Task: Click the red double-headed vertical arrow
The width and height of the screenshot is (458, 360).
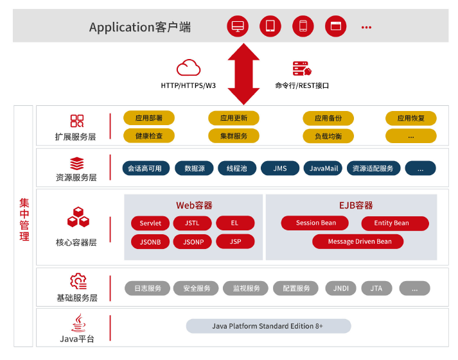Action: point(243,73)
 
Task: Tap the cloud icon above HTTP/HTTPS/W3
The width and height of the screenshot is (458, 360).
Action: point(188,67)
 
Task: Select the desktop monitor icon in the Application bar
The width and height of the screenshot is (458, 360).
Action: point(238,26)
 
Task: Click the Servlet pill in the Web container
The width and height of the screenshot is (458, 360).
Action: point(150,223)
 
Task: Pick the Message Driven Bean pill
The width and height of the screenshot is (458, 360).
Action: point(359,242)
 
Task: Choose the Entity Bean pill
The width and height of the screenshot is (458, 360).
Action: point(391,223)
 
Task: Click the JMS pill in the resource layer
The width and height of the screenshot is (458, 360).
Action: point(280,168)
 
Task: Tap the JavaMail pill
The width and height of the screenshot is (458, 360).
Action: point(323,168)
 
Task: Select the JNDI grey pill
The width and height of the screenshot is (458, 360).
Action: point(341,288)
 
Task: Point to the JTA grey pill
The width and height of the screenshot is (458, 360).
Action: point(376,288)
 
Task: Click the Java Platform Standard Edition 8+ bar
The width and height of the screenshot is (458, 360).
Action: point(268,326)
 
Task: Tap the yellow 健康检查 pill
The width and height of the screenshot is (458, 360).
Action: point(148,136)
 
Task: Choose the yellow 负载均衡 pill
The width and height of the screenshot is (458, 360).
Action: point(328,136)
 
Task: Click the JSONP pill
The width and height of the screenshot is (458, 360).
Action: point(193,242)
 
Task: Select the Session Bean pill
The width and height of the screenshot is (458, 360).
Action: point(315,223)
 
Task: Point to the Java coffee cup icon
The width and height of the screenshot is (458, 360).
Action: point(77,322)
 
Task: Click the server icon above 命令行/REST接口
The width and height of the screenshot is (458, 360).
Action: point(301,68)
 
